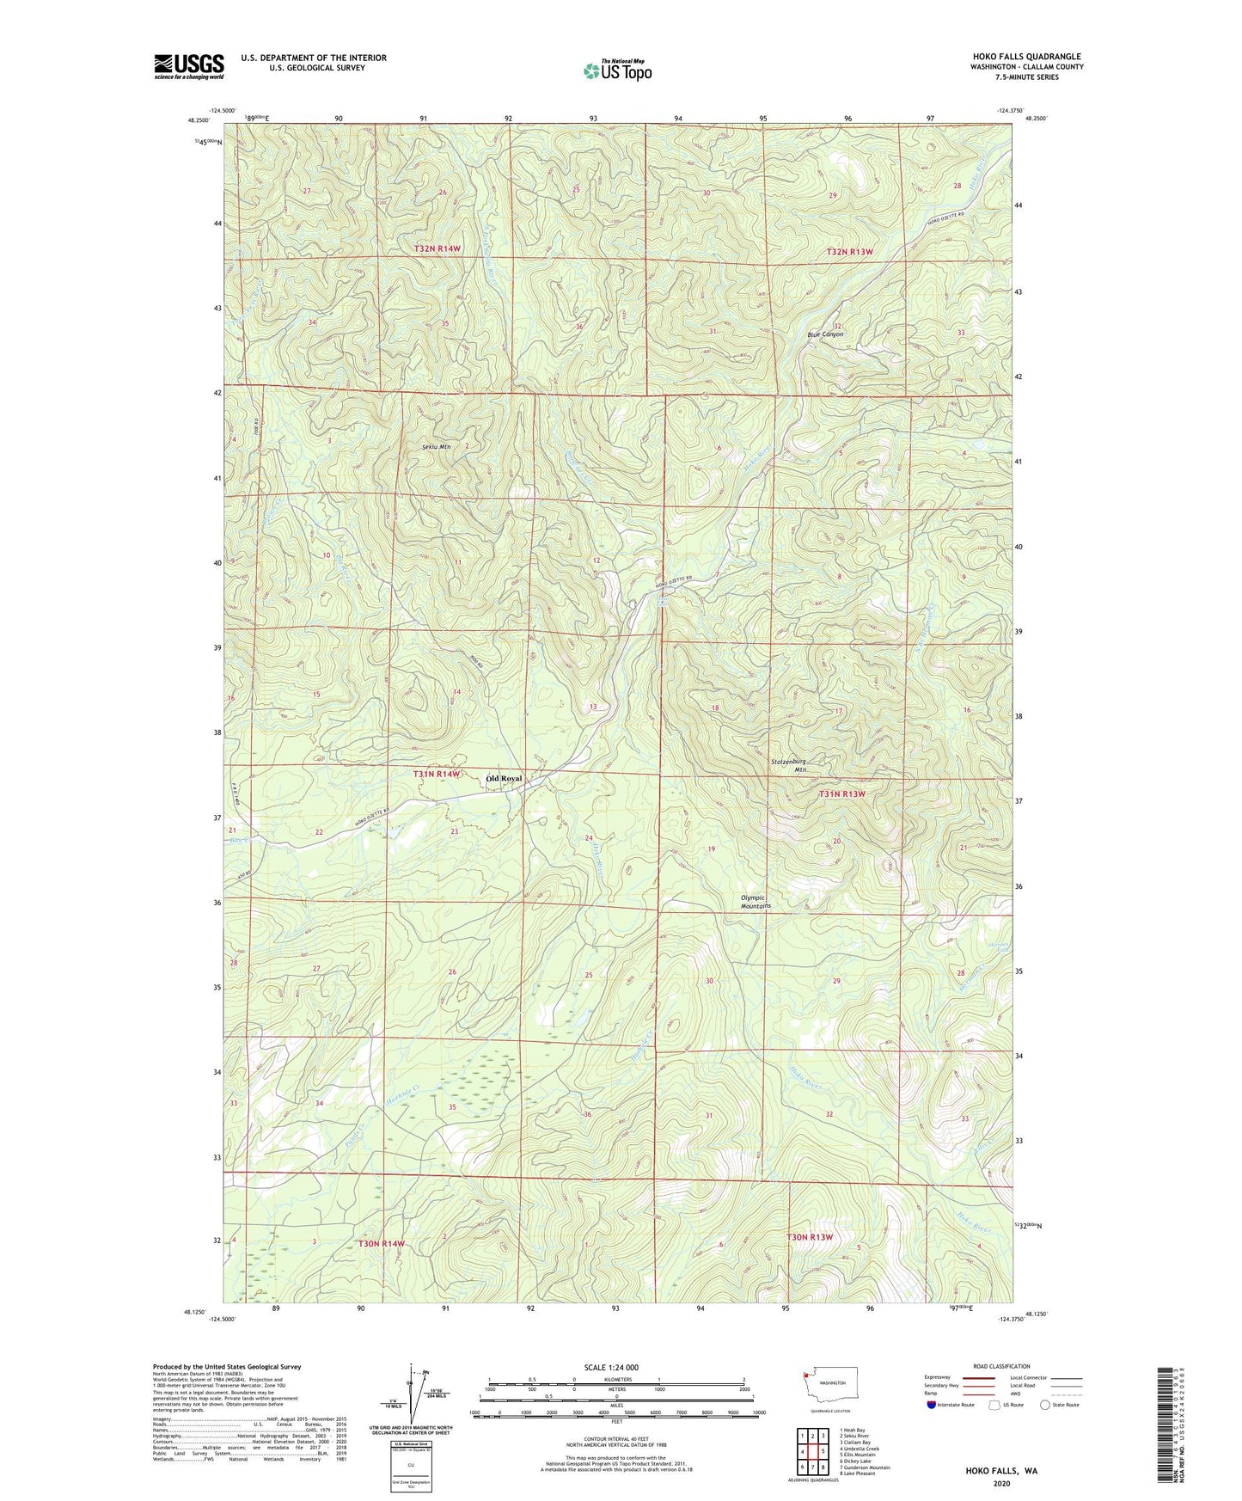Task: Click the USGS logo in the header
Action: tap(188, 66)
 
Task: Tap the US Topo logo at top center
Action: tap(616, 70)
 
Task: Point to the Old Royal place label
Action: tap(504, 779)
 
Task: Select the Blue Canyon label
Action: tap(825, 334)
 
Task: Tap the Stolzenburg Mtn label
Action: tap(788, 765)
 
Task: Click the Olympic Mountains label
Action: tap(756, 902)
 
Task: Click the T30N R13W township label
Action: tap(810, 1237)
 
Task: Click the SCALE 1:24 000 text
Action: tap(610, 1367)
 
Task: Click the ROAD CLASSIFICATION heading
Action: tap(1001, 1366)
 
